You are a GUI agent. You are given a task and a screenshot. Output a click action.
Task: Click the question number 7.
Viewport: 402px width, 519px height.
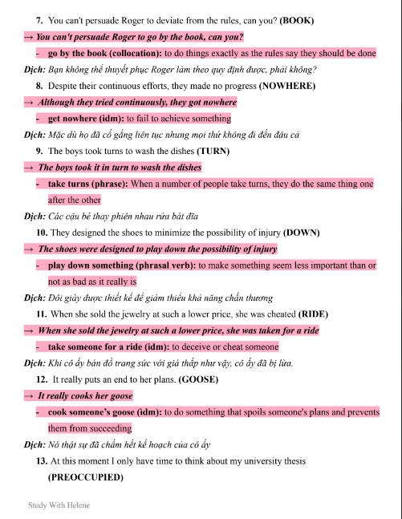pyautogui.click(x=40, y=19)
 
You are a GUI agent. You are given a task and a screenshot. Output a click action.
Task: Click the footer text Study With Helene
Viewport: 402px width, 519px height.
pyautogui.click(x=59, y=505)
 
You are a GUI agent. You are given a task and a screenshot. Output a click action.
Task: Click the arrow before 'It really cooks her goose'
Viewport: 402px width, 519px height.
pyautogui.click(x=30, y=396)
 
